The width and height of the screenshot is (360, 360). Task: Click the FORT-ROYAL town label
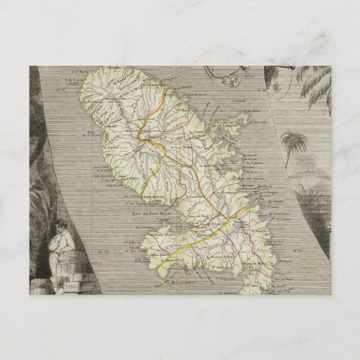(x=154, y=198)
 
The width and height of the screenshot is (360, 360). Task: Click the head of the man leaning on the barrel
(x=57, y=227)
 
